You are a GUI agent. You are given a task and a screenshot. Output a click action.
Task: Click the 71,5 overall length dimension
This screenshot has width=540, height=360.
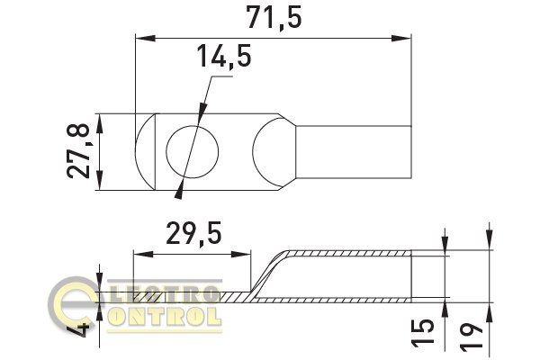274,17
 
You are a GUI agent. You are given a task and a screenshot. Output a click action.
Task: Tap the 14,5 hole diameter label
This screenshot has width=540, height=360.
224,56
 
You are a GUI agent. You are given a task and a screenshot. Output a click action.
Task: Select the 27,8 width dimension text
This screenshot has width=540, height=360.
78,151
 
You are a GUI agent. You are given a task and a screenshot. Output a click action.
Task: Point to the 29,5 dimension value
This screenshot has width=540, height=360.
193,234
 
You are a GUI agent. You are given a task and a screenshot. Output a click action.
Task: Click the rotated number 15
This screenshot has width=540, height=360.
423,332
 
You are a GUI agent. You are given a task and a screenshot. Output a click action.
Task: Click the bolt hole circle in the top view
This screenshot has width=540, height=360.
193,152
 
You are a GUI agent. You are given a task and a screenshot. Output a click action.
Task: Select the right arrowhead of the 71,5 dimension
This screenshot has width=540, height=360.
401,38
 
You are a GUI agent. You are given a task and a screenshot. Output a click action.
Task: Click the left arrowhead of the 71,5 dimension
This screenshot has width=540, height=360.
145,38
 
